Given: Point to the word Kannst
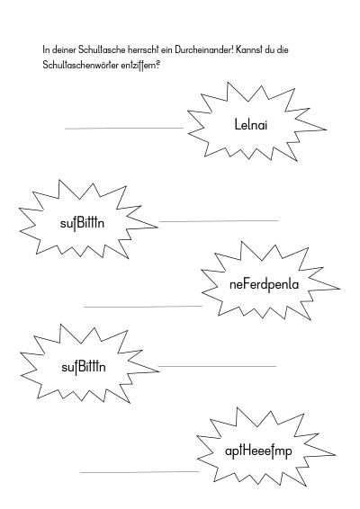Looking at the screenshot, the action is (248, 50).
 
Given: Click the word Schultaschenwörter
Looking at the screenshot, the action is (81, 66).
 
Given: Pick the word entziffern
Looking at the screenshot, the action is (139, 66).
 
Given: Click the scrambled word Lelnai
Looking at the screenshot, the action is (251, 124).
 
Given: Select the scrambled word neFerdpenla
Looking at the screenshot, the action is (264, 285).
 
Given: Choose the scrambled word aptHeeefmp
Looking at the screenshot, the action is (258, 451).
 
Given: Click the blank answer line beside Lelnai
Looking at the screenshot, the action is (124, 129).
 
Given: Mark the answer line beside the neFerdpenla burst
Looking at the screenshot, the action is (143, 306).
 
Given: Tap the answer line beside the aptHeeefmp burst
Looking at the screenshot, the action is (139, 471).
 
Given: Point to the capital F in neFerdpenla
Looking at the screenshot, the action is (245, 285).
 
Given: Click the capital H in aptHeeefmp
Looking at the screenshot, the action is (247, 451).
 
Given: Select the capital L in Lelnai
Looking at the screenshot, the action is (238, 124).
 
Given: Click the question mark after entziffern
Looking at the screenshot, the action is (157, 64).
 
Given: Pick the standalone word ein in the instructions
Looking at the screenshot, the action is (166, 50).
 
